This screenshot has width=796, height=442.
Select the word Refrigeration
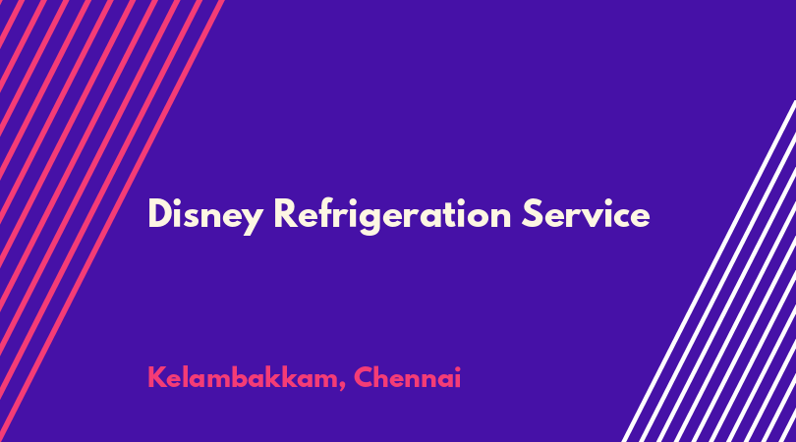click(392, 215)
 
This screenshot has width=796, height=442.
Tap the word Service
click(586, 214)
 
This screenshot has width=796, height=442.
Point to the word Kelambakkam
click(243, 377)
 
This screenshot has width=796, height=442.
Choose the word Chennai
click(407, 377)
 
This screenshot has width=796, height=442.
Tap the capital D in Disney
click(160, 214)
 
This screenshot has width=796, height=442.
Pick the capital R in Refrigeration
click(286, 214)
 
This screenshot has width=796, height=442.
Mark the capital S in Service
click(532, 214)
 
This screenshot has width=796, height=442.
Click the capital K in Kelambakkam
click(157, 377)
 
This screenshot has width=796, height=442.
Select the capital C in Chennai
click(363, 377)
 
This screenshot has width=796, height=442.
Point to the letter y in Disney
click(252, 221)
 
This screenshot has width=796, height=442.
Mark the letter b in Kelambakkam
click(241, 377)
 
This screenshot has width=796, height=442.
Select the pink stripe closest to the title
click(112, 221)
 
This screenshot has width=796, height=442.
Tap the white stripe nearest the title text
click(709, 271)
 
